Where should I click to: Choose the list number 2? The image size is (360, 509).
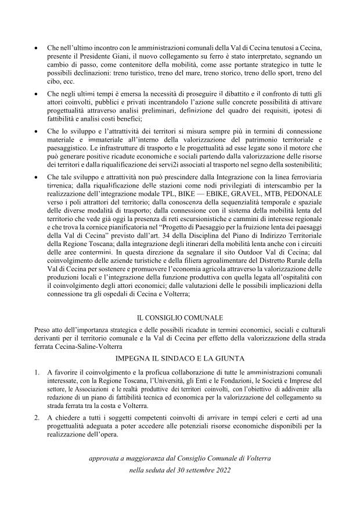(38, 418)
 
